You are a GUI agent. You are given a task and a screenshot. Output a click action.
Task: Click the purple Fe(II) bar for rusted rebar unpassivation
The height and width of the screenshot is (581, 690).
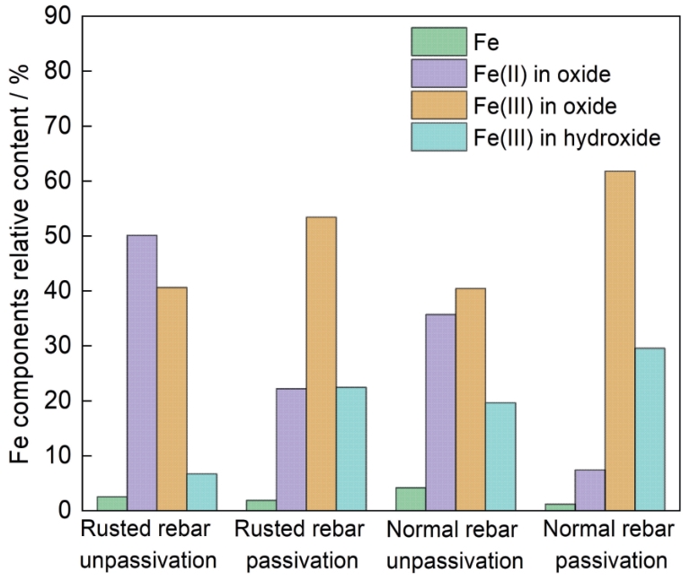coord(142,373)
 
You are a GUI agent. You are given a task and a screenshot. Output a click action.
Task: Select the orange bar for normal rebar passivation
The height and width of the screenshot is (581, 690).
coord(620,341)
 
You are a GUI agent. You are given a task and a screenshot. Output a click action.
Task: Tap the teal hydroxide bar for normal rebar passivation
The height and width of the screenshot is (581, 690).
coord(650,429)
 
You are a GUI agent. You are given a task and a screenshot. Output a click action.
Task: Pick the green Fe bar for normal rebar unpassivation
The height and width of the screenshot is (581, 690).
coord(411,499)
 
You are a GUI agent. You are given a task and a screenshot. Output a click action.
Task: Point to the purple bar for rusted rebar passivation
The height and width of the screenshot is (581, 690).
coord(291,450)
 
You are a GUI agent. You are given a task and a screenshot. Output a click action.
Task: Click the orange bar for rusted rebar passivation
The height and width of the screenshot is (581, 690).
coord(322,364)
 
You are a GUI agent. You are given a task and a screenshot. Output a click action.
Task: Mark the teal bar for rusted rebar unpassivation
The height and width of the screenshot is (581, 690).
coord(201,492)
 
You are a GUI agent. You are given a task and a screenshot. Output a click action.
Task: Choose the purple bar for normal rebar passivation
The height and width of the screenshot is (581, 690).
coord(589,490)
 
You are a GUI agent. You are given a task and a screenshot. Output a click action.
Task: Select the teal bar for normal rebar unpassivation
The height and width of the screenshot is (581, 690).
coord(500,456)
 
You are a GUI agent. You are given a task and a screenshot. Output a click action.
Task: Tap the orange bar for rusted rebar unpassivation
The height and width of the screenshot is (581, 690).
coord(172,399)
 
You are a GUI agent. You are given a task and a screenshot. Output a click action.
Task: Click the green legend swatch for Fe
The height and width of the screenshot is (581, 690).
coord(438,42)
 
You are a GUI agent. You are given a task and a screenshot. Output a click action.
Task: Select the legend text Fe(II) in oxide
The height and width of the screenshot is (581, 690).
coord(542,74)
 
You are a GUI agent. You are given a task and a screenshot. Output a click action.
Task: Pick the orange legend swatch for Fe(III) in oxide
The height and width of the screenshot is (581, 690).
coord(438,105)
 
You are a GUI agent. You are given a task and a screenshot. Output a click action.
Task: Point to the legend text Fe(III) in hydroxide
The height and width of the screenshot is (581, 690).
coord(567,137)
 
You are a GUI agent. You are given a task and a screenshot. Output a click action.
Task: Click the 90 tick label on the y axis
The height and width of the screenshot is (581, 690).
coord(57,16)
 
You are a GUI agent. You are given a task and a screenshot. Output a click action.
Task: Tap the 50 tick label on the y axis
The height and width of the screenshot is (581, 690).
coord(57,236)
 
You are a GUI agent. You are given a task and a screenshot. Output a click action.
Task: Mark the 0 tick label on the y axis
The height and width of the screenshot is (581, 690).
coord(65,511)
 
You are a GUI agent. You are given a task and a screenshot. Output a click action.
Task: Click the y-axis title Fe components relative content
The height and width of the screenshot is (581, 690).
coord(19,264)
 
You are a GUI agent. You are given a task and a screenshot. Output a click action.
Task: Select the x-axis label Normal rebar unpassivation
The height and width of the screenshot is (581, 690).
coord(454,545)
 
